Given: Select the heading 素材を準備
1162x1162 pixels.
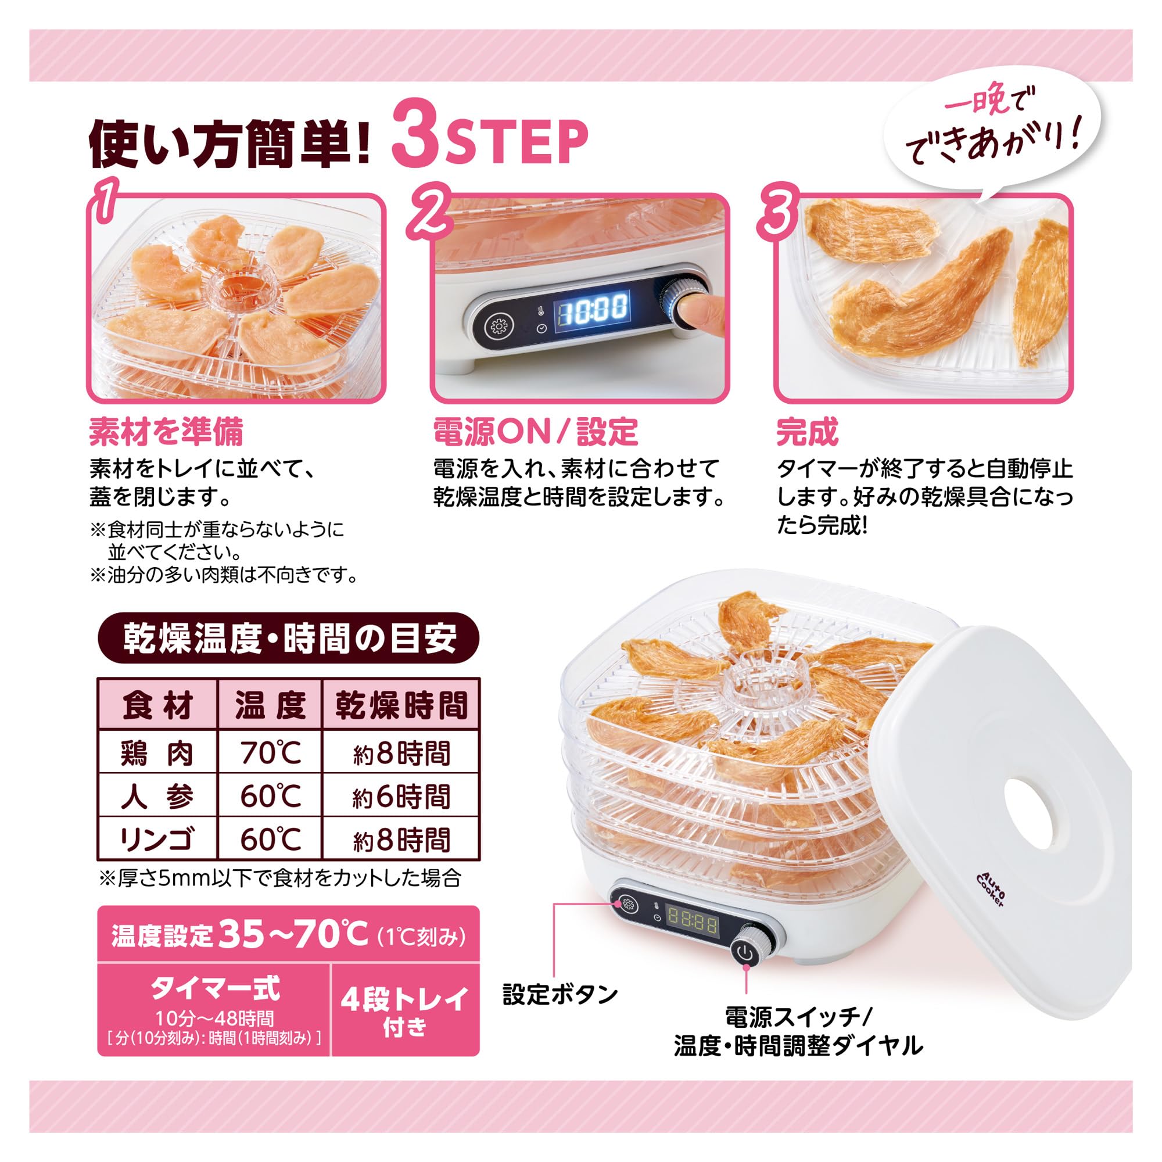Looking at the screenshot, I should coord(166,432).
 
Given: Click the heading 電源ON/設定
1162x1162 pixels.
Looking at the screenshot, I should coord(535,432).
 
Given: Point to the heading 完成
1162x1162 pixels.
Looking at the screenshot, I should coord(807,432).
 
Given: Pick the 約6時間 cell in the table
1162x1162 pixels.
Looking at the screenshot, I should coord(401,797).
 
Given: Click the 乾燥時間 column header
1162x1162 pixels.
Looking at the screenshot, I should coord(401,705).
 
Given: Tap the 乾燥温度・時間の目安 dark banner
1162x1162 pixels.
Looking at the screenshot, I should coord(289,638).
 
